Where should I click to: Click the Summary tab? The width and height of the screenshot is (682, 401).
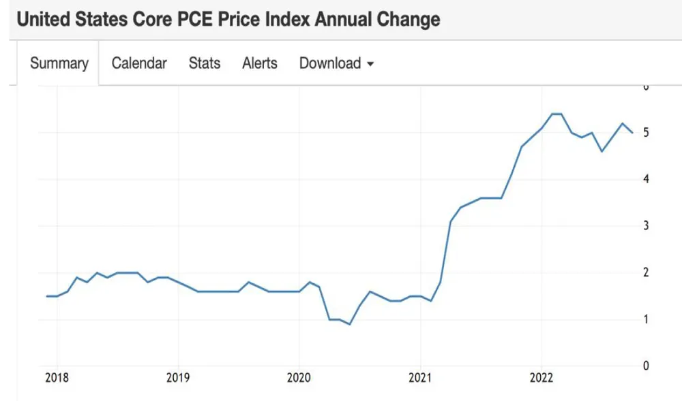59,63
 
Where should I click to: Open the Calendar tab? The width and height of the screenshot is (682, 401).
139,63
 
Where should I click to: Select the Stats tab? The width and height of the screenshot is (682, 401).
205,63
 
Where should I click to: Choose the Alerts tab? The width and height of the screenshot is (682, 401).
260,63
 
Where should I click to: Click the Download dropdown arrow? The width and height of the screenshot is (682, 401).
370,64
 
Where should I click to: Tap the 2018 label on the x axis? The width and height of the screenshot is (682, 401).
57,378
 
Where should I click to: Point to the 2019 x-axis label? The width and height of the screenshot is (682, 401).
178,378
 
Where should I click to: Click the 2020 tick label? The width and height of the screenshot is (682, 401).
299,378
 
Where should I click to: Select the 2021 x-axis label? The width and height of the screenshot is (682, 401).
421,378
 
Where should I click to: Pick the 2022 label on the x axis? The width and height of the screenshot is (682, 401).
542,378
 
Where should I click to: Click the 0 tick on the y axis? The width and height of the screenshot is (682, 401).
645,366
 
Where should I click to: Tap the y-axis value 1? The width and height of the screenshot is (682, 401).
645,319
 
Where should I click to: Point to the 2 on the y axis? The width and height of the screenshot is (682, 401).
645,272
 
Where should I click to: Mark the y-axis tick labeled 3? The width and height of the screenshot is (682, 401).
645,226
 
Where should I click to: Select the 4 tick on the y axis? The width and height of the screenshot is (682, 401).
645,179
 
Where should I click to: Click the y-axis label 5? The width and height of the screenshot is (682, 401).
645,133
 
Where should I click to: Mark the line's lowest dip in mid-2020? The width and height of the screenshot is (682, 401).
350,324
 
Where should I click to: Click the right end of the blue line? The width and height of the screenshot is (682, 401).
632,133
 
